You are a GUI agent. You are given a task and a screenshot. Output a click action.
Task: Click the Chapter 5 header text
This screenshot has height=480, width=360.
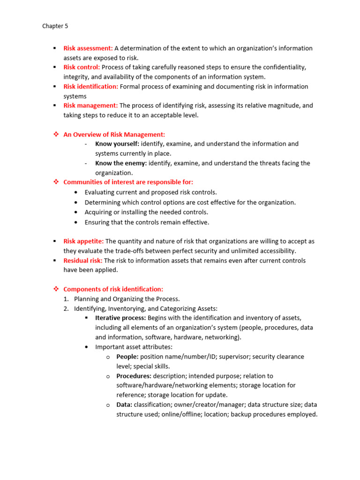[55, 26]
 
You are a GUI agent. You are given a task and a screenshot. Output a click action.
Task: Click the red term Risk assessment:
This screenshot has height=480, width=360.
[88, 48]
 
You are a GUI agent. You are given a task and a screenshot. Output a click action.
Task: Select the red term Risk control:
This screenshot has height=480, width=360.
[82, 67]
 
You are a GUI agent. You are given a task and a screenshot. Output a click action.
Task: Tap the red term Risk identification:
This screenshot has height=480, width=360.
[91, 87]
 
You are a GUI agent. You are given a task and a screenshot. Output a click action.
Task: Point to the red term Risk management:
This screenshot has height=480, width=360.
[90, 106]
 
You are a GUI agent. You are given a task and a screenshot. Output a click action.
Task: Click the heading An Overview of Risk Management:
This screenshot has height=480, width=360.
[114, 135]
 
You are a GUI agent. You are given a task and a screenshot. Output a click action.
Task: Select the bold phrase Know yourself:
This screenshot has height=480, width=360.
[117, 144]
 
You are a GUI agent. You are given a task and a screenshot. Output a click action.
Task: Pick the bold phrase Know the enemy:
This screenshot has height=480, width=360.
[121, 163]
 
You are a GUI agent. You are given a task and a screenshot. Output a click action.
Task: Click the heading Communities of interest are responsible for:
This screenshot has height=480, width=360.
[128, 182]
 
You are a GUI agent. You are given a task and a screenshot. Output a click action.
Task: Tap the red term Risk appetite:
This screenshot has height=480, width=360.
[83, 241]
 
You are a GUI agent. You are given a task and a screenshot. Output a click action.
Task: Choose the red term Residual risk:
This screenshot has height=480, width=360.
[83, 261]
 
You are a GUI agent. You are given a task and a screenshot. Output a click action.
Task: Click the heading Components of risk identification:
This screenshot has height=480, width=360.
[113, 289]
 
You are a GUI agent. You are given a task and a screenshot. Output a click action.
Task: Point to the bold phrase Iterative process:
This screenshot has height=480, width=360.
[120, 318]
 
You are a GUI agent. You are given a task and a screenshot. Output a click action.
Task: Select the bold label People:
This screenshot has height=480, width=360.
[127, 357]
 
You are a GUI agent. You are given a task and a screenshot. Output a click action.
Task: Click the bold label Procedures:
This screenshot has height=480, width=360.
[134, 376]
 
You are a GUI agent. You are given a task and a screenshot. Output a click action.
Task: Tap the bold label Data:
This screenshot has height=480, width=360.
[124, 405]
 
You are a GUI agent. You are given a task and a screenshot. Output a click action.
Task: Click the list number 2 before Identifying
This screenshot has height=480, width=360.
[66, 308]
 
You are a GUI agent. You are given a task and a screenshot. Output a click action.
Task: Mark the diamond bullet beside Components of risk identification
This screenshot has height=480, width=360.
[55, 289]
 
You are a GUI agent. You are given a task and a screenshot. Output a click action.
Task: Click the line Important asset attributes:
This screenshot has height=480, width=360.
[134, 347]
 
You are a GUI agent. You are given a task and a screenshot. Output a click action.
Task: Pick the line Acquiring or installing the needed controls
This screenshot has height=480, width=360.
[146, 212]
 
